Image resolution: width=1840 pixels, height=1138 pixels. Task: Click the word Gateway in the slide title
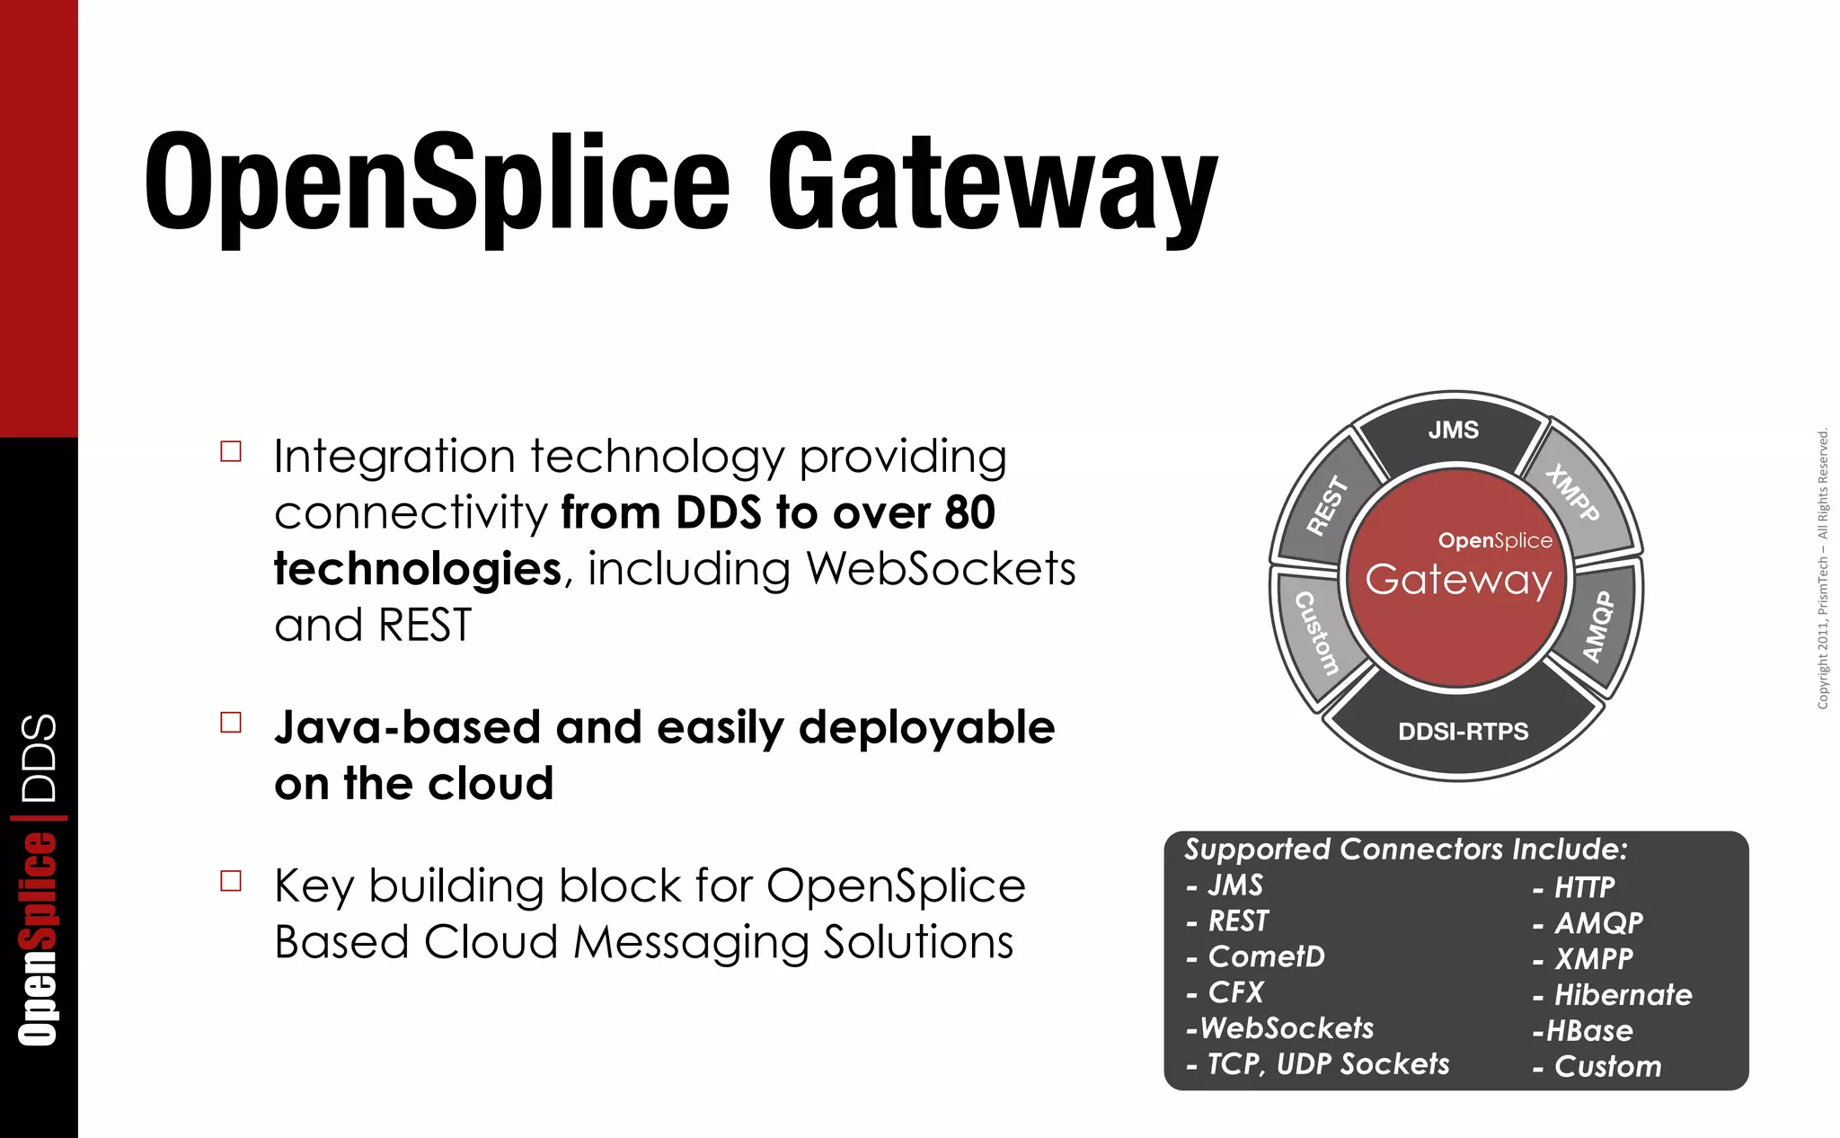point(992,184)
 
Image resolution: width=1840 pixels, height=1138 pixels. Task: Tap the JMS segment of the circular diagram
point(1453,431)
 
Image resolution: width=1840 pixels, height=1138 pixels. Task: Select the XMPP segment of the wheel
point(1574,493)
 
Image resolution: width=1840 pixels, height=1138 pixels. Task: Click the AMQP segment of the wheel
point(1599,626)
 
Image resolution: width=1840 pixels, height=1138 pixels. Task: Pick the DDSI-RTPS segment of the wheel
point(1463,732)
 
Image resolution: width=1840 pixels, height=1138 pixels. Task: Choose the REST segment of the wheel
point(1327,506)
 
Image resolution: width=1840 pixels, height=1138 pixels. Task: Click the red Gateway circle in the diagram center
point(1456,580)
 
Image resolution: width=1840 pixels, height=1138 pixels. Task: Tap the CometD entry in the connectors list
point(1265,956)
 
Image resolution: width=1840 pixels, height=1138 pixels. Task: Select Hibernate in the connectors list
point(1622,995)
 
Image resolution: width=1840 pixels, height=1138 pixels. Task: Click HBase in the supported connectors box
point(1588,1031)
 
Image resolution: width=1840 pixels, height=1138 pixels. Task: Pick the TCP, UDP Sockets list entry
point(1327,1064)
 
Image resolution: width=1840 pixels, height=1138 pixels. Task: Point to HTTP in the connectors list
point(1583,888)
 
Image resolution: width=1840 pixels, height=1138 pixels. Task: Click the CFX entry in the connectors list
point(1235,992)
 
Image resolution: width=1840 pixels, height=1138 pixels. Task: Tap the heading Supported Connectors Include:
point(1405,849)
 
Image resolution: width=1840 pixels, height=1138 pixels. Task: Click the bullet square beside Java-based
point(231,723)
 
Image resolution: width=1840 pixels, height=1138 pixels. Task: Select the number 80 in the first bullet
point(969,513)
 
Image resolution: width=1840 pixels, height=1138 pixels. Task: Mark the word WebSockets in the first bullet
point(940,569)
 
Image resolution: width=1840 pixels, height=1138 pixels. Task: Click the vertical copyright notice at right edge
point(1822,569)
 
